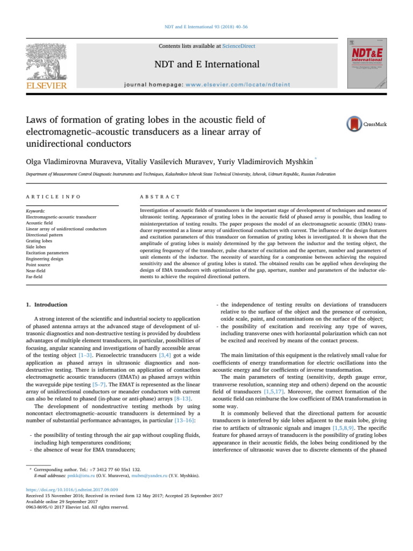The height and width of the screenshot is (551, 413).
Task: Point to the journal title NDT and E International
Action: tap(206, 65)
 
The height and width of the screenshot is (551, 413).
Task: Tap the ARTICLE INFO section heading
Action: tap(49, 198)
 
